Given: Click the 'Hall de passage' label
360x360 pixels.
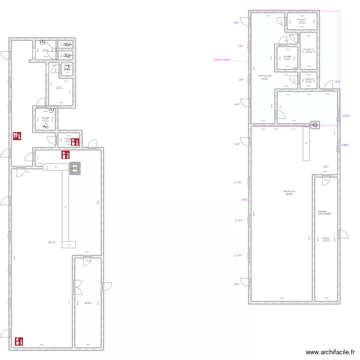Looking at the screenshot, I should tap(265, 75).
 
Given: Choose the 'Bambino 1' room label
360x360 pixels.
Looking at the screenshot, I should tap(301, 20).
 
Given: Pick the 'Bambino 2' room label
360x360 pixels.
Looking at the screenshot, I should tap(309, 49).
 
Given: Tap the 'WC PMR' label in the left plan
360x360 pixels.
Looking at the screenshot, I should tap(45, 117).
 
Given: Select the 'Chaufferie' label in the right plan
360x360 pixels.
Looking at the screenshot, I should tap(309, 79).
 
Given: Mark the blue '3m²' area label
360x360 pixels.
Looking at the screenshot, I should tap(337, 82).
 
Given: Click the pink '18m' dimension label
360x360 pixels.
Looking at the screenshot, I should tap(244, 200).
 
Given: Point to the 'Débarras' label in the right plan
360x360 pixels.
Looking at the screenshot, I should tap(326, 238).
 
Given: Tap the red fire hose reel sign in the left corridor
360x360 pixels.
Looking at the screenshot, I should tap(18, 136).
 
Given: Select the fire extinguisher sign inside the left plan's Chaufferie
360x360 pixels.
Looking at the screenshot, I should tap(75, 142).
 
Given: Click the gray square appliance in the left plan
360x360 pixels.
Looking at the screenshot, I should tap(75, 168).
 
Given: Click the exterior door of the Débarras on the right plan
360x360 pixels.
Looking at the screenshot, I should tap(343, 234).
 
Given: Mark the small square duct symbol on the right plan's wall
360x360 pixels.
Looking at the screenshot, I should tap(315, 125).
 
